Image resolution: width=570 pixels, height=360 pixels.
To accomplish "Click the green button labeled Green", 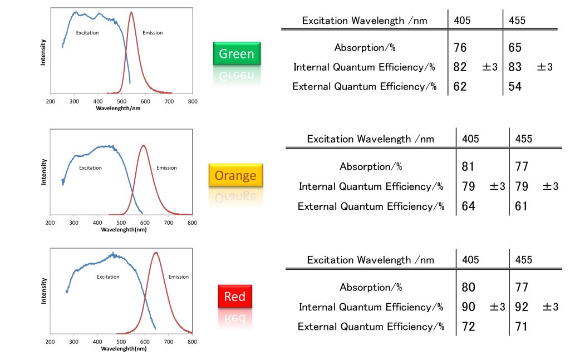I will (236, 54).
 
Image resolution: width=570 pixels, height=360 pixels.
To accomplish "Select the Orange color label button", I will (235, 175).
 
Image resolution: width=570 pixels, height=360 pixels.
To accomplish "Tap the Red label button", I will (234, 297).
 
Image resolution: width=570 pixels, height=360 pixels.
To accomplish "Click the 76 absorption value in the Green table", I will (460, 48).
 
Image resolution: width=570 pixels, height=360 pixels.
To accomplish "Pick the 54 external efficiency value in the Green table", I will (515, 86).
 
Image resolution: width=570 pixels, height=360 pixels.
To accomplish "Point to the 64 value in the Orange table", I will (468, 206).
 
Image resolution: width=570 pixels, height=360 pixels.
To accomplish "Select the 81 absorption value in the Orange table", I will (468, 166).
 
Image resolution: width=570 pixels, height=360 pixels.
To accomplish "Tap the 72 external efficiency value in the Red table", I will (468, 327).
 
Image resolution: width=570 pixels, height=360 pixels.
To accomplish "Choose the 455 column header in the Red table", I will (523, 260).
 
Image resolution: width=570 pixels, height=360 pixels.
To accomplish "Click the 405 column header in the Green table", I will (462, 21).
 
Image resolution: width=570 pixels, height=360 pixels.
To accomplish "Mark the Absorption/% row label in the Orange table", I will (371, 166).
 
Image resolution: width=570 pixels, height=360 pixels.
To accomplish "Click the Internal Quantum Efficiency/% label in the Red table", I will (371, 307).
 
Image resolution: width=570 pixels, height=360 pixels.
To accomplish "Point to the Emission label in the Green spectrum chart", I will (153, 33).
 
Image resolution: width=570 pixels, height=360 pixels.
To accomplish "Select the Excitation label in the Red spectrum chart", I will (108, 277).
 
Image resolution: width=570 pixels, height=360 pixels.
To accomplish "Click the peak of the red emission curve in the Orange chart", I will (144, 145).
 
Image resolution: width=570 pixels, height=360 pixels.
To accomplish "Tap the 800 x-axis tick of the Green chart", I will (193, 101).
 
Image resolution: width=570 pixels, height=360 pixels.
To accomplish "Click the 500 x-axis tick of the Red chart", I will (121, 342).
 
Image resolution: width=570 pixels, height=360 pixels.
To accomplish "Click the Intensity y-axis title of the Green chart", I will (43, 52).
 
